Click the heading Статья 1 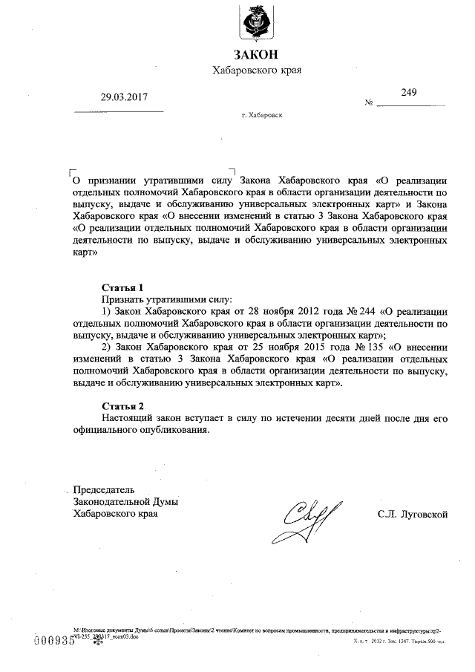pos(122,286)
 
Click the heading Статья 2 pos(122,405)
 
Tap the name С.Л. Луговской pos(411,513)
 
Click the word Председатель pos(104,489)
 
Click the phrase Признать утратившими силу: pos(168,298)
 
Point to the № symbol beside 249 pos(369,102)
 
